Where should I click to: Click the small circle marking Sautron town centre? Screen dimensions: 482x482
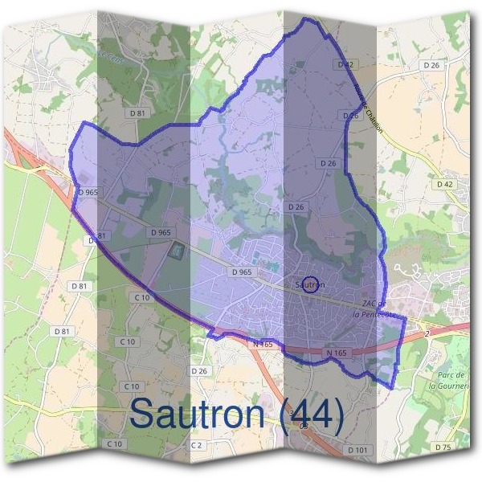pyautogui.click(x=313, y=284)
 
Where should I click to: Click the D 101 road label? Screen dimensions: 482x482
pyautogui.click(x=360, y=449)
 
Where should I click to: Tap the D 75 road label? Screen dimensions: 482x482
pyautogui.click(x=441, y=446)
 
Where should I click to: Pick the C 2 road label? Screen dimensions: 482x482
pyautogui.click(x=198, y=444)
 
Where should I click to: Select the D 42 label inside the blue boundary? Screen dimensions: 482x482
pyautogui.click(x=346, y=63)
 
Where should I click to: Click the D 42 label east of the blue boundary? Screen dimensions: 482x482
pyautogui.click(x=444, y=184)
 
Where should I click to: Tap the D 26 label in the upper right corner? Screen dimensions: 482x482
pyautogui.click(x=431, y=65)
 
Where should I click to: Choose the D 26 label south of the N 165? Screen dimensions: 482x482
pyautogui.click(x=199, y=370)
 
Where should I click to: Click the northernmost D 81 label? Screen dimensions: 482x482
pyautogui.click(x=137, y=113)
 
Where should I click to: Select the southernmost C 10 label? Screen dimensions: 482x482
pyautogui.click(x=114, y=444)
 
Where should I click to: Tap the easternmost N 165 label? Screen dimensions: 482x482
pyautogui.click(x=336, y=353)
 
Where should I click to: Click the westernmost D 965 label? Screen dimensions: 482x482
pyautogui.click(x=88, y=193)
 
